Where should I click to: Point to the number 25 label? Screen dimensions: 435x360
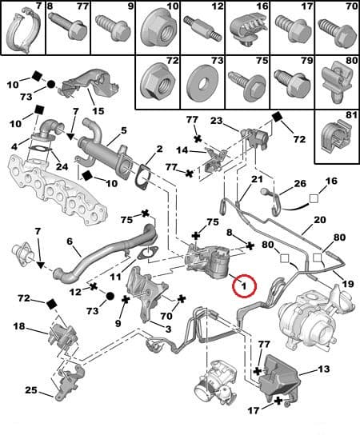pyautogui.click(x=30, y=391)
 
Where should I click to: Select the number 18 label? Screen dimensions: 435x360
pyautogui.click(x=18, y=327)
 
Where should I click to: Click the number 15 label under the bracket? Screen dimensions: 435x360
pyautogui.click(x=98, y=110)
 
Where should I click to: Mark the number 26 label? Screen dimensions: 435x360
pyautogui.click(x=300, y=183)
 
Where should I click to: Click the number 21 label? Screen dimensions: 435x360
pyautogui.click(x=258, y=180)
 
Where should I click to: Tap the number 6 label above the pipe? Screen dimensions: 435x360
pyautogui.click(x=69, y=241)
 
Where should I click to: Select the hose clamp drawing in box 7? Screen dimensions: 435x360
pyautogui.click(x=22, y=29)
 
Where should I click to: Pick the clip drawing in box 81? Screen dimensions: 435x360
pyautogui.click(x=335, y=139)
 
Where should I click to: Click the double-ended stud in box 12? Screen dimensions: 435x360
pyautogui.click(x=201, y=30)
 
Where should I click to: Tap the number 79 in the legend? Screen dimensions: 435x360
pyautogui.click(x=305, y=61)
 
